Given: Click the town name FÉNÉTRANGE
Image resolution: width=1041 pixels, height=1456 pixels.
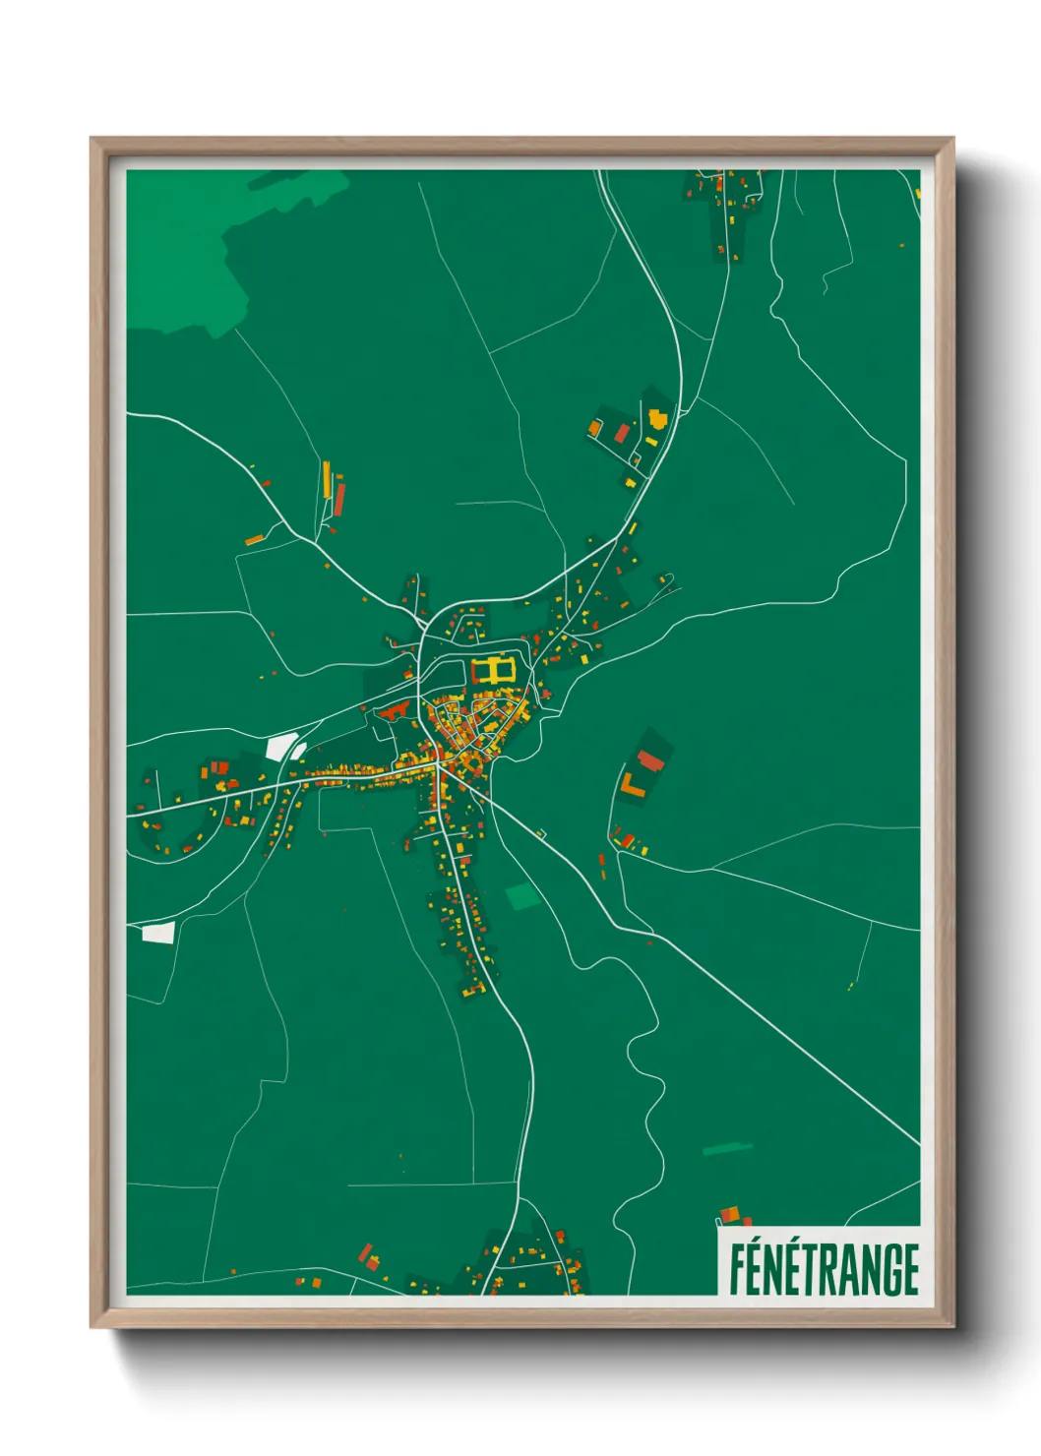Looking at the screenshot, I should pyautogui.click(x=824, y=1269).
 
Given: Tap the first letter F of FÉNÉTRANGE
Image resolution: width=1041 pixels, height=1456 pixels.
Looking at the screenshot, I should pyautogui.click(x=737, y=1269).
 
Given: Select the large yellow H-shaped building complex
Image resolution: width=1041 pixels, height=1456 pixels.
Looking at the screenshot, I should pyautogui.click(x=493, y=671).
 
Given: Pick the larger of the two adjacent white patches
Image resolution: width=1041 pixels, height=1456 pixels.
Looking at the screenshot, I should pyautogui.click(x=280, y=747).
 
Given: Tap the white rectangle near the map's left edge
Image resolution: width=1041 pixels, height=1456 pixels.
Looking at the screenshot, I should pyautogui.click(x=157, y=933).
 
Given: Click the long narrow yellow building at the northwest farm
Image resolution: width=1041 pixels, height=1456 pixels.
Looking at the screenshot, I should pyautogui.click(x=327, y=479).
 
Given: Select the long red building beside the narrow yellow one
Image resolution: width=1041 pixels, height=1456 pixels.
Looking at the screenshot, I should pyautogui.click(x=339, y=498).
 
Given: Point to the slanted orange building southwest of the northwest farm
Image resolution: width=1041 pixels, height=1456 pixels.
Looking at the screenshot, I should pyautogui.click(x=254, y=539).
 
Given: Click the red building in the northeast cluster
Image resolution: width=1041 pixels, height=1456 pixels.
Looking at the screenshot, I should pyautogui.click(x=622, y=433).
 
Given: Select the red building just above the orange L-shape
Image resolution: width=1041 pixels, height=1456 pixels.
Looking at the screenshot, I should pyautogui.click(x=649, y=760).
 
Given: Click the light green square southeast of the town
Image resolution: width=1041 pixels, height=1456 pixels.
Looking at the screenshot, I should pyautogui.click(x=521, y=895).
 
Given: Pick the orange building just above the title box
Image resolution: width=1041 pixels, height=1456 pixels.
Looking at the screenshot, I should pyautogui.click(x=729, y=1216).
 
